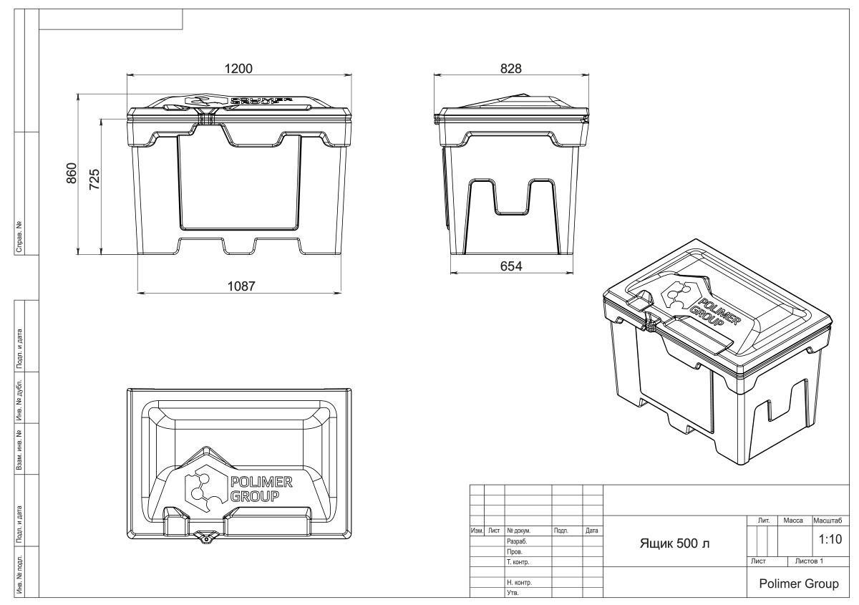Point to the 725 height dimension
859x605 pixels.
94,179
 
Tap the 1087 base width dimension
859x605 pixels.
241,286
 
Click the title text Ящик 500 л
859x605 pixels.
675,545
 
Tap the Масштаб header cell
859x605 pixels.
827,520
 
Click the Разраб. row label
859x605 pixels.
516,542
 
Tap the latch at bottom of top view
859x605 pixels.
206,536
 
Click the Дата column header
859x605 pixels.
592,531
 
